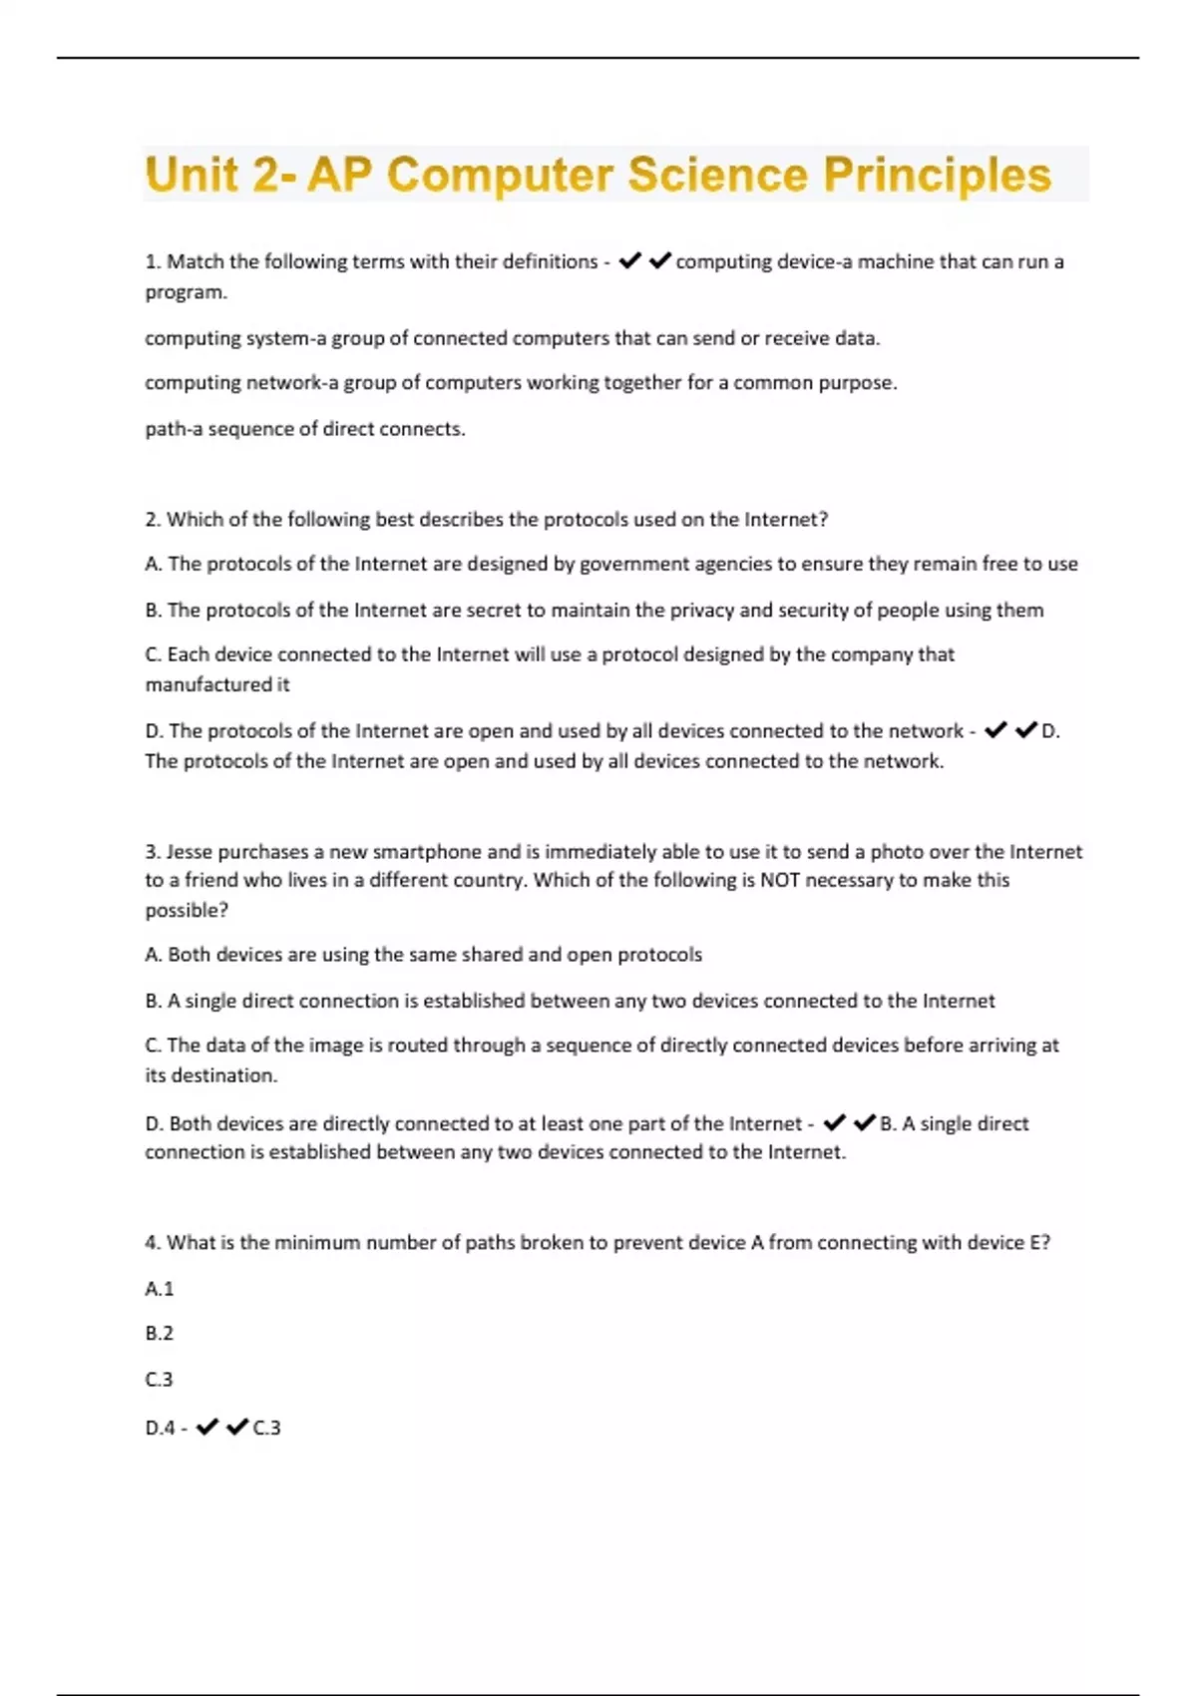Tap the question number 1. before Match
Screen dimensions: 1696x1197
point(153,261)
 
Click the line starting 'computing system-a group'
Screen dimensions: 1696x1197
point(512,338)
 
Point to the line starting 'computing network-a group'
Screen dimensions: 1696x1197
point(521,383)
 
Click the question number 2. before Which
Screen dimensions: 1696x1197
point(153,520)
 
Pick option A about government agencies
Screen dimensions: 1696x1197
point(610,564)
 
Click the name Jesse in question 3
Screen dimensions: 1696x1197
point(189,852)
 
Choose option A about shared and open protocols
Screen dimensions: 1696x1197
point(423,955)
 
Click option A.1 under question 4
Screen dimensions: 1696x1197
point(159,1289)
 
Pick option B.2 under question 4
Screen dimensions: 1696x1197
point(159,1334)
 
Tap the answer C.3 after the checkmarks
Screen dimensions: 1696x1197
point(267,1428)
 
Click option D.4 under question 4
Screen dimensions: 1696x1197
point(160,1428)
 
